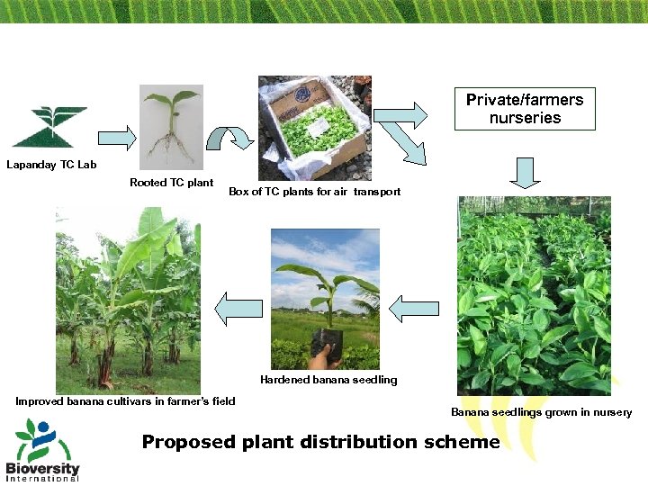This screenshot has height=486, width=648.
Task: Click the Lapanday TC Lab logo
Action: coord(49,127)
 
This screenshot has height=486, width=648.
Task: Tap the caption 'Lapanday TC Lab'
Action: coord(51,165)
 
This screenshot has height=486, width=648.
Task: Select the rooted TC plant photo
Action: coord(171,127)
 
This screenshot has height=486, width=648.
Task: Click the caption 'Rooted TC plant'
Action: coord(171,183)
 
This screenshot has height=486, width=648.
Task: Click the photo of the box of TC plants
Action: coord(313,127)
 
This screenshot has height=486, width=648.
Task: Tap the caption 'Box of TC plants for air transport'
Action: coord(314,192)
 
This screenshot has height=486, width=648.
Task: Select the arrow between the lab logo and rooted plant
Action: coord(116,138)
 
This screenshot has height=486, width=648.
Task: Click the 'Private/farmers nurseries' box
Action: coord(525,109)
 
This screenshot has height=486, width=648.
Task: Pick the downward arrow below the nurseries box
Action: coord(526,171)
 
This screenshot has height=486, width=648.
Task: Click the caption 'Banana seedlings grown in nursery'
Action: coord(541,412)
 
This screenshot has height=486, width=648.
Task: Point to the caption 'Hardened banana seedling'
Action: coord(328,380)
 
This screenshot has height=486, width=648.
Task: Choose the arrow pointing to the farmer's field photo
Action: coord(238,309)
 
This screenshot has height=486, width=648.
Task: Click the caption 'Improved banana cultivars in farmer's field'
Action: coord(125,401)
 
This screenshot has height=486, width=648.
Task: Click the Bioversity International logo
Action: coord(42,450)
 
